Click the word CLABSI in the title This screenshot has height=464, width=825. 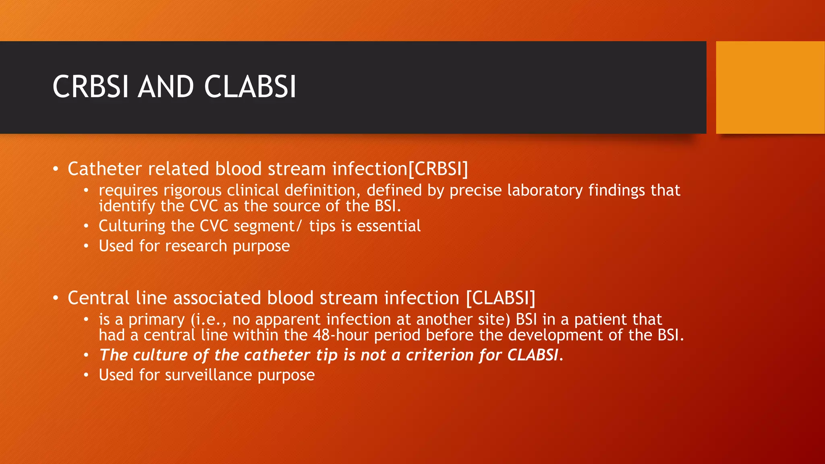(x=250, y=87)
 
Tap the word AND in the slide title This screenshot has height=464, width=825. (x=166, y=87)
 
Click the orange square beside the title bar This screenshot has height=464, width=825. (x=770, y=87)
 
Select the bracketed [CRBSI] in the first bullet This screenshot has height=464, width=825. (x=438, y=169)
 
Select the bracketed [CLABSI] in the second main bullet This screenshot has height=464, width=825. (x=501, y=298)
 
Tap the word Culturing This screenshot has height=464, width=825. (x=132, y=226)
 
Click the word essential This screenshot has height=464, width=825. (x=389, y=226)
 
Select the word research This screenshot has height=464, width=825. (x=196, y=246)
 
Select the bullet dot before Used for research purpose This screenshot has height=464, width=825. (x=86, y=246)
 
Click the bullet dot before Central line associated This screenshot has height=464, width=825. (x=56, y=298)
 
